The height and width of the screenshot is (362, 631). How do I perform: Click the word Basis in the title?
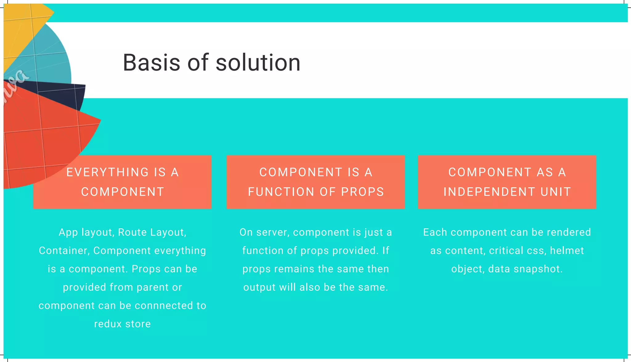[x=151, y=63]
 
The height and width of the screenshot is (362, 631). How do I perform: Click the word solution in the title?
[x=258, y=63]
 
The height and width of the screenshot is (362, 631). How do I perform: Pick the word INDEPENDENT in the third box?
[x=489, y=192]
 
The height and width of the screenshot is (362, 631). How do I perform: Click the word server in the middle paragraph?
[x=274, y=232]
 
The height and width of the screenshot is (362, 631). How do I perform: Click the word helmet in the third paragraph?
[x=567, y=251]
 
